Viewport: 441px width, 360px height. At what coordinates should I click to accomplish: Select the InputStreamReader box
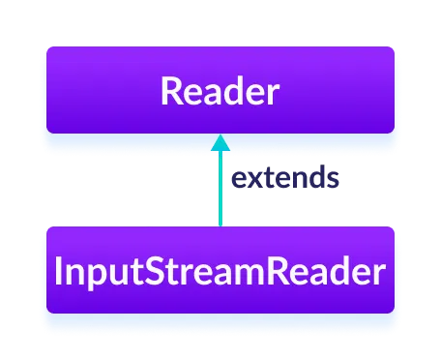click(220, 270)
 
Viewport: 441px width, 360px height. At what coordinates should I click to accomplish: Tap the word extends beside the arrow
click(284, 179)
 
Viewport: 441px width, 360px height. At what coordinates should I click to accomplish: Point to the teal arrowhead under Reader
click(220, 142)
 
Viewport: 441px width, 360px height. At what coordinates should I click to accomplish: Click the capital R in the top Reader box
click(171, 91)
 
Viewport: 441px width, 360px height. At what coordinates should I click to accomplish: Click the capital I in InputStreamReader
click(61, 271)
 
